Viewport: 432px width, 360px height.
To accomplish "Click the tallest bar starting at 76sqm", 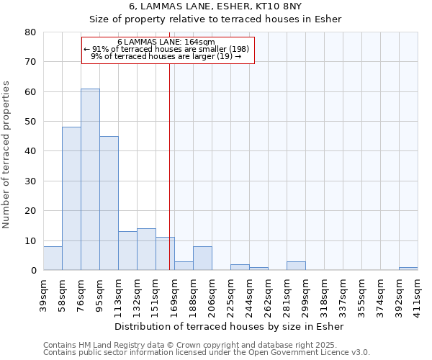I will point(90,180).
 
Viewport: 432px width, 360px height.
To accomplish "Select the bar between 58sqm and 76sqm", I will point(71,199).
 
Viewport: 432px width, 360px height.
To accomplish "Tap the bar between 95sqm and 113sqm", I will point(109,203).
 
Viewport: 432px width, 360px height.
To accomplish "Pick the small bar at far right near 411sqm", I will point(408,269).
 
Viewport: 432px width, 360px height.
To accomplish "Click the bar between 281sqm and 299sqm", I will point(296,266).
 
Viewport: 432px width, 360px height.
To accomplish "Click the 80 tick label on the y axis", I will point(30,32).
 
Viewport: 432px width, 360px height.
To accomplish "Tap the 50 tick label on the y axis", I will point(30,122).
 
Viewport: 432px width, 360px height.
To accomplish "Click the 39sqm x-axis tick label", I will point(44,293).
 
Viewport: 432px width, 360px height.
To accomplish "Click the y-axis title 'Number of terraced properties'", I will point(7,154).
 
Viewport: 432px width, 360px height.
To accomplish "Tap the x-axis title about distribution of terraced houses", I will point(230,326).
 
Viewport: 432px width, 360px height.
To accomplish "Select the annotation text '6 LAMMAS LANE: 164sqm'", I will point(166,42).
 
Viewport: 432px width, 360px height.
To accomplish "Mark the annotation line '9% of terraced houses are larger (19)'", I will point(166,56).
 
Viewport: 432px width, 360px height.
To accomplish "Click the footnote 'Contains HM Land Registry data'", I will point(206,345).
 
